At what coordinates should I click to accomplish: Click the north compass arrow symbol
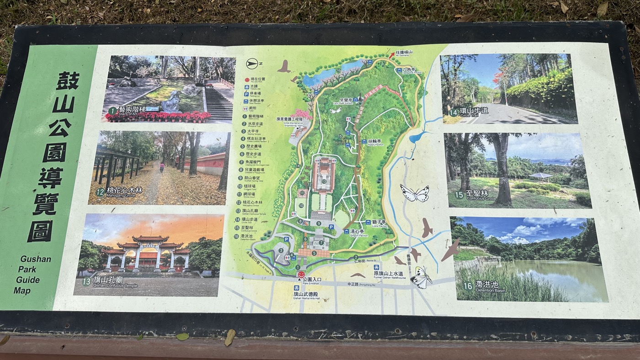252,64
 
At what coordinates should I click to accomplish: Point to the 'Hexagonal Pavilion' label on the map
409,71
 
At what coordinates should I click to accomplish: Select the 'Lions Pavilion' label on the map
379,223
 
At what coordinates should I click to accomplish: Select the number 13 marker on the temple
324,181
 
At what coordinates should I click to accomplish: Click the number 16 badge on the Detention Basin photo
468,286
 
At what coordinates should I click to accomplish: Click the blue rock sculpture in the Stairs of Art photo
171,101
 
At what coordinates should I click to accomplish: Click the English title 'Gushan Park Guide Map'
34,274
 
